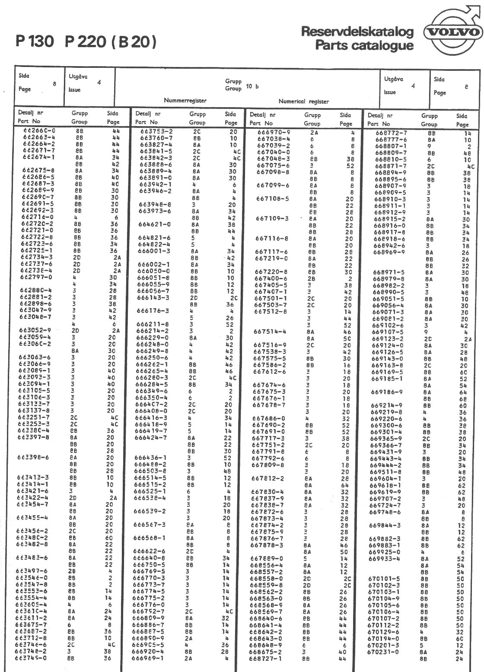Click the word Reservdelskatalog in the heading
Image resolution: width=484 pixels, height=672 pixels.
[357, 32]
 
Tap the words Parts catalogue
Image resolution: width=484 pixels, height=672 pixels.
[364, 45]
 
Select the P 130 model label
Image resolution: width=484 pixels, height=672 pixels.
[35, 41]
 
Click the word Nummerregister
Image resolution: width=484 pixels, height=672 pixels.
[185, 101]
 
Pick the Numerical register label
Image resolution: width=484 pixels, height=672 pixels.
[303, 102]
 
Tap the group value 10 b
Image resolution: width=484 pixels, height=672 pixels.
[252, 86]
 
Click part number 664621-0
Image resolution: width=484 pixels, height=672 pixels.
[154, 225]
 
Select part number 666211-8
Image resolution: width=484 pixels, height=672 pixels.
[153, 324]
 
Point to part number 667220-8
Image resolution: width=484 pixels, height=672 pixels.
[271, 272]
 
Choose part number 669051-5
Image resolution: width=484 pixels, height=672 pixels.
[388, 299]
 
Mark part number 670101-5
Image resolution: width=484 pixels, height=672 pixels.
[384, 579]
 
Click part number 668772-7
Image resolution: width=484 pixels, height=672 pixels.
[391, 133]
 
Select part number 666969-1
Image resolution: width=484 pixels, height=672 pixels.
[148, 658]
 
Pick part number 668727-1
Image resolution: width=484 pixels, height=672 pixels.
[265, 659]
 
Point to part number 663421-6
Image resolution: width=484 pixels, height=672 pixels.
[33, 491]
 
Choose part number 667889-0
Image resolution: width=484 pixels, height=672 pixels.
[267, 558]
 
